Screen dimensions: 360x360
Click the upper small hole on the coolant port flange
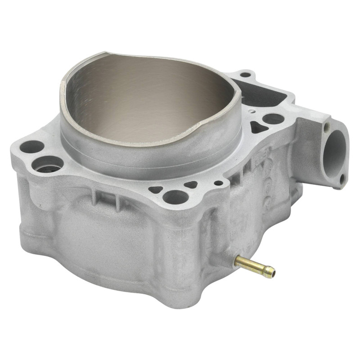click(327, 126)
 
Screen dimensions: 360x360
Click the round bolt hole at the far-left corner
click(32, 147)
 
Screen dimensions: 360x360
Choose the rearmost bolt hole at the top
click(246, 75)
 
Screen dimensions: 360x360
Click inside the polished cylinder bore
click(148, 99)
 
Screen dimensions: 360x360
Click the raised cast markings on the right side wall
click(261, 180)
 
